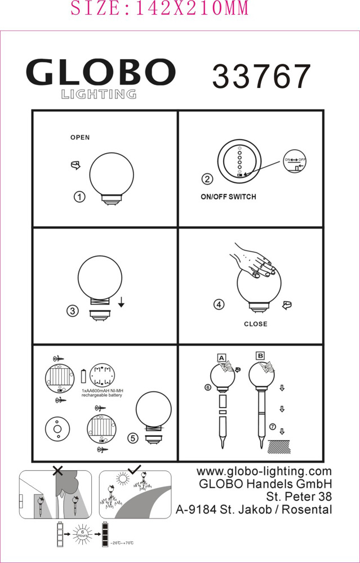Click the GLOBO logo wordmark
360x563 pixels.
[101, 72]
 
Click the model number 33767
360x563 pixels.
[261, 77]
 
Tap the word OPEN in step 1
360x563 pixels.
[80, 137]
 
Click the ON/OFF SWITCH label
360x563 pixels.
[228, 196]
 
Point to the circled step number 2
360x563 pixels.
[207, 179]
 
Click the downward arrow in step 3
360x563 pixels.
[121, 303]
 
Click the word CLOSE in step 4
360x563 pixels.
[255, 324]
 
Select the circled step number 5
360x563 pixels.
[133, 438]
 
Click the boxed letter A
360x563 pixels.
[221, 358]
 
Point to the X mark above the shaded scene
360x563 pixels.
[58, 471]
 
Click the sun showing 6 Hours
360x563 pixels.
[82, 533]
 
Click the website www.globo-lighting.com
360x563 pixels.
[264, 471]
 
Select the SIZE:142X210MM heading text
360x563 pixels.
[159, 8]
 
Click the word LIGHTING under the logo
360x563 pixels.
[99, 94]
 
